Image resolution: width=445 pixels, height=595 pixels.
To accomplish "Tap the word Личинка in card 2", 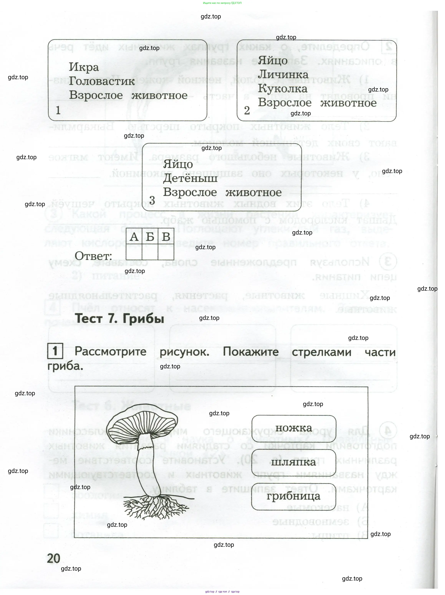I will coord(283,75).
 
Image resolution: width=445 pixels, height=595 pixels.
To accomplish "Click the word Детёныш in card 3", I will coord(190,178).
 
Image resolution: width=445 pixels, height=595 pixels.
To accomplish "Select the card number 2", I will coord(247,110).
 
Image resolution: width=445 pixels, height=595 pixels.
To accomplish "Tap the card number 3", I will coord(152,200).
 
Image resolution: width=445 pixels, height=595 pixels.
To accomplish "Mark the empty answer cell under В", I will coord(166,252).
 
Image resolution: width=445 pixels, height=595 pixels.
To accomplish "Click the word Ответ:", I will coord(93,256).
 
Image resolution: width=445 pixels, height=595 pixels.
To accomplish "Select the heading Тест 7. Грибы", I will coord(119,319).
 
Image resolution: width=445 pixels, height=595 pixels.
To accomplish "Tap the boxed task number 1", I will coord(55,351).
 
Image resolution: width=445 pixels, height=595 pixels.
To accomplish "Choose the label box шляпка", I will coord(293,462).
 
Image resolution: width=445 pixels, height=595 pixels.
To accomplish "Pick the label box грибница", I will coord(293,496).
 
